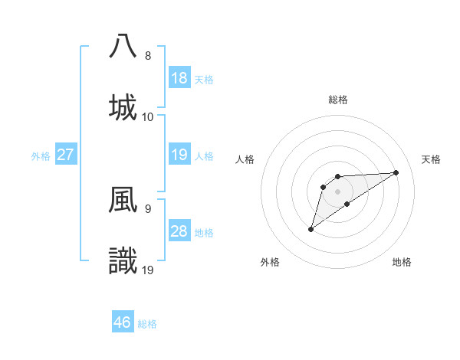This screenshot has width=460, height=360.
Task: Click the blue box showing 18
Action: pos(179,78)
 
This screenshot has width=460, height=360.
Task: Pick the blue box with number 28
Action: pos(179,232)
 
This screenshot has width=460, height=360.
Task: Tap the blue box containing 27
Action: pos(66,155)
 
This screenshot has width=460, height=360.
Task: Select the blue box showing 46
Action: pos(123,323)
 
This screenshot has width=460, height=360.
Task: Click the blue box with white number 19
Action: pos(179,155)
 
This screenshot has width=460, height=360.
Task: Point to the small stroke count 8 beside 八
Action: pos(148,56)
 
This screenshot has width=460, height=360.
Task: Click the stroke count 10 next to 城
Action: pos(148,117)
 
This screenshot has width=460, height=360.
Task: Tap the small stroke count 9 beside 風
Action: pos(148,208)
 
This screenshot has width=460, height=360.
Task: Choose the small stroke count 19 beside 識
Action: pos(148,270)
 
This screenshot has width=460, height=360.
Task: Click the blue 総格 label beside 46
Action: pos(148,324)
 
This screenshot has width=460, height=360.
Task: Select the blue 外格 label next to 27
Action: pos(41,156)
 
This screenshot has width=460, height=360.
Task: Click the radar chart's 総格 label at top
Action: pos(338,100)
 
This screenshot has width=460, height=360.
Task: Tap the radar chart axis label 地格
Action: pos(402,262)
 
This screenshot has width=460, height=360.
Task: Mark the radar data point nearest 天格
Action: pos(396,172)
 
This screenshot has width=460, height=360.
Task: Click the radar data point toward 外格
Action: pos(310,229)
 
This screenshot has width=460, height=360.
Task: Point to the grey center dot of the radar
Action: pos(337,191)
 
